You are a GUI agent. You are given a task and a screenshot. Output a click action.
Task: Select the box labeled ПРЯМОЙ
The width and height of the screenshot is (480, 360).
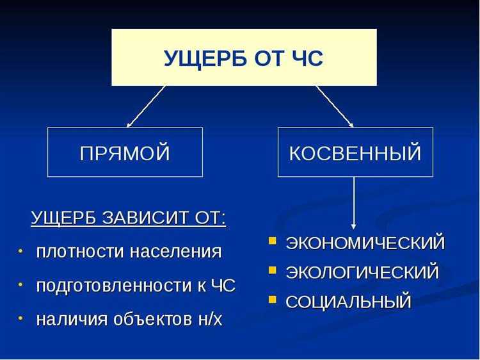tap(125, 152)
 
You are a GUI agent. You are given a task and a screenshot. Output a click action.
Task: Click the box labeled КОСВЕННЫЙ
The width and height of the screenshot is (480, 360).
tap(355, 152)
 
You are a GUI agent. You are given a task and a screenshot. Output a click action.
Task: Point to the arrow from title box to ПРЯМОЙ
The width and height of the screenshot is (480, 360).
tap(146, 106)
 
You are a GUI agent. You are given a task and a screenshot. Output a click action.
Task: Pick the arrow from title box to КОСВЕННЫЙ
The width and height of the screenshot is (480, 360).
tap(334, 106)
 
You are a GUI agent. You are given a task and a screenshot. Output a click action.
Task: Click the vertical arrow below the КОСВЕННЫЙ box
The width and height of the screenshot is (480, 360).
tap(354, 202)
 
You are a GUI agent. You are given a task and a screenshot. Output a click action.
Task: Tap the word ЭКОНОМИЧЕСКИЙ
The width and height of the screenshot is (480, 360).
tap(365, 243)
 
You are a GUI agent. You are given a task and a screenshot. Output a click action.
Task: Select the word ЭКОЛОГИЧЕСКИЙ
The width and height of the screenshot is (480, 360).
tap(362, 272)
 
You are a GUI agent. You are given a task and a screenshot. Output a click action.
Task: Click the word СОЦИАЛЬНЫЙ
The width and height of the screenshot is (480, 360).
tap(348, 302)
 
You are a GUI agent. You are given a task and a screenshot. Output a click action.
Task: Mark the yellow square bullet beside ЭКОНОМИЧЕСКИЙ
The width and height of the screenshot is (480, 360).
tap(273, 241)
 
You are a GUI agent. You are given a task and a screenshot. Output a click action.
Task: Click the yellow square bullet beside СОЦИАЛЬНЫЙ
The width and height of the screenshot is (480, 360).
tap(273, 300)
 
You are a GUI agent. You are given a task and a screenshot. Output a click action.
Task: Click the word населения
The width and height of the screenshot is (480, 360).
tap(175, 252)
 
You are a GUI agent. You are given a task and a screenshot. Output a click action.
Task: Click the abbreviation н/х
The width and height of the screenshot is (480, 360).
tap(207, 319)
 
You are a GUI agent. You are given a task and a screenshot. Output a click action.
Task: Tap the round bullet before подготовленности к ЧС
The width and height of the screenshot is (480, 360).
tap(20, 284)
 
